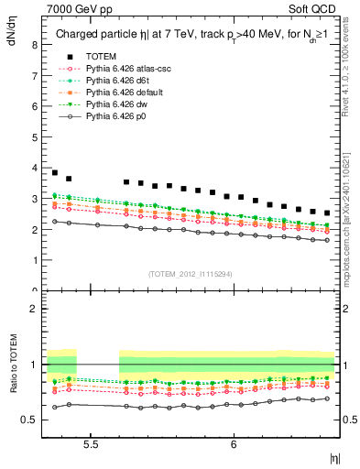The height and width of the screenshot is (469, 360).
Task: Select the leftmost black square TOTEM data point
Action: coord(54,172)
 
